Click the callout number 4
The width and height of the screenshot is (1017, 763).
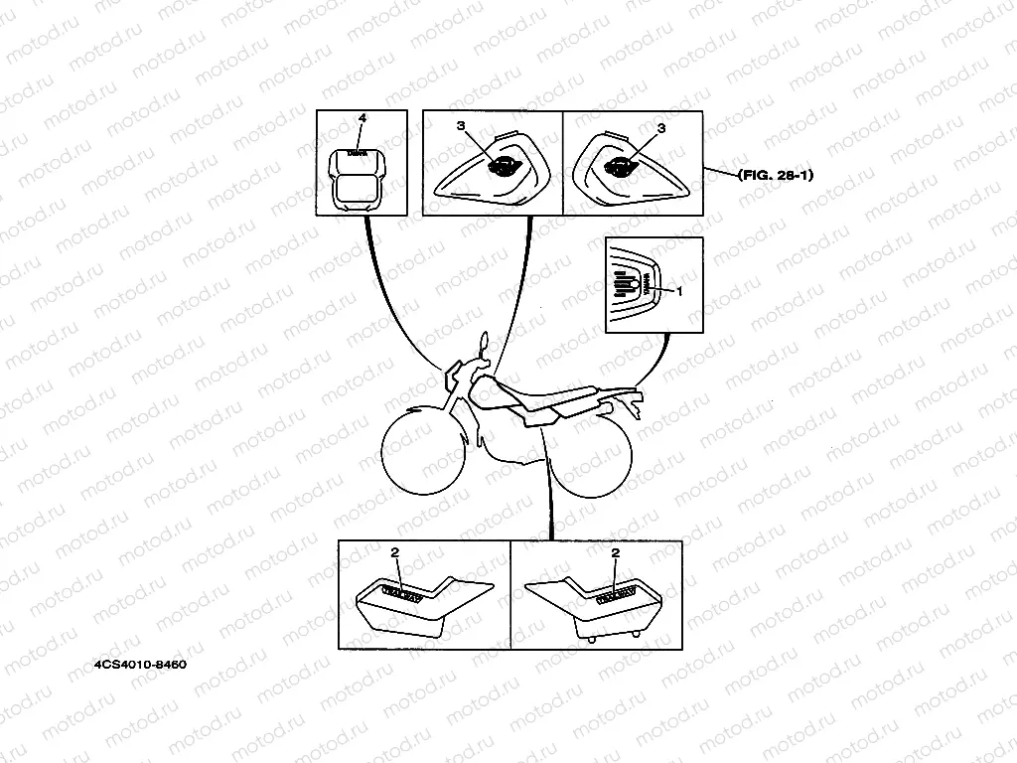coord(363,118)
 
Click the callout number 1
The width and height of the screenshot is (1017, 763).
coord(679,291)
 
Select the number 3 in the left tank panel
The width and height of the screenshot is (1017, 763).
coord(460,127)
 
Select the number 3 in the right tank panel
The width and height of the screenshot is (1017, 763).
coord(661,128)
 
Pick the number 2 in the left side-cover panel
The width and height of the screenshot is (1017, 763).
coord(394,551)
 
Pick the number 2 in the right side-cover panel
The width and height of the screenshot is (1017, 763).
coord(616,551)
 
